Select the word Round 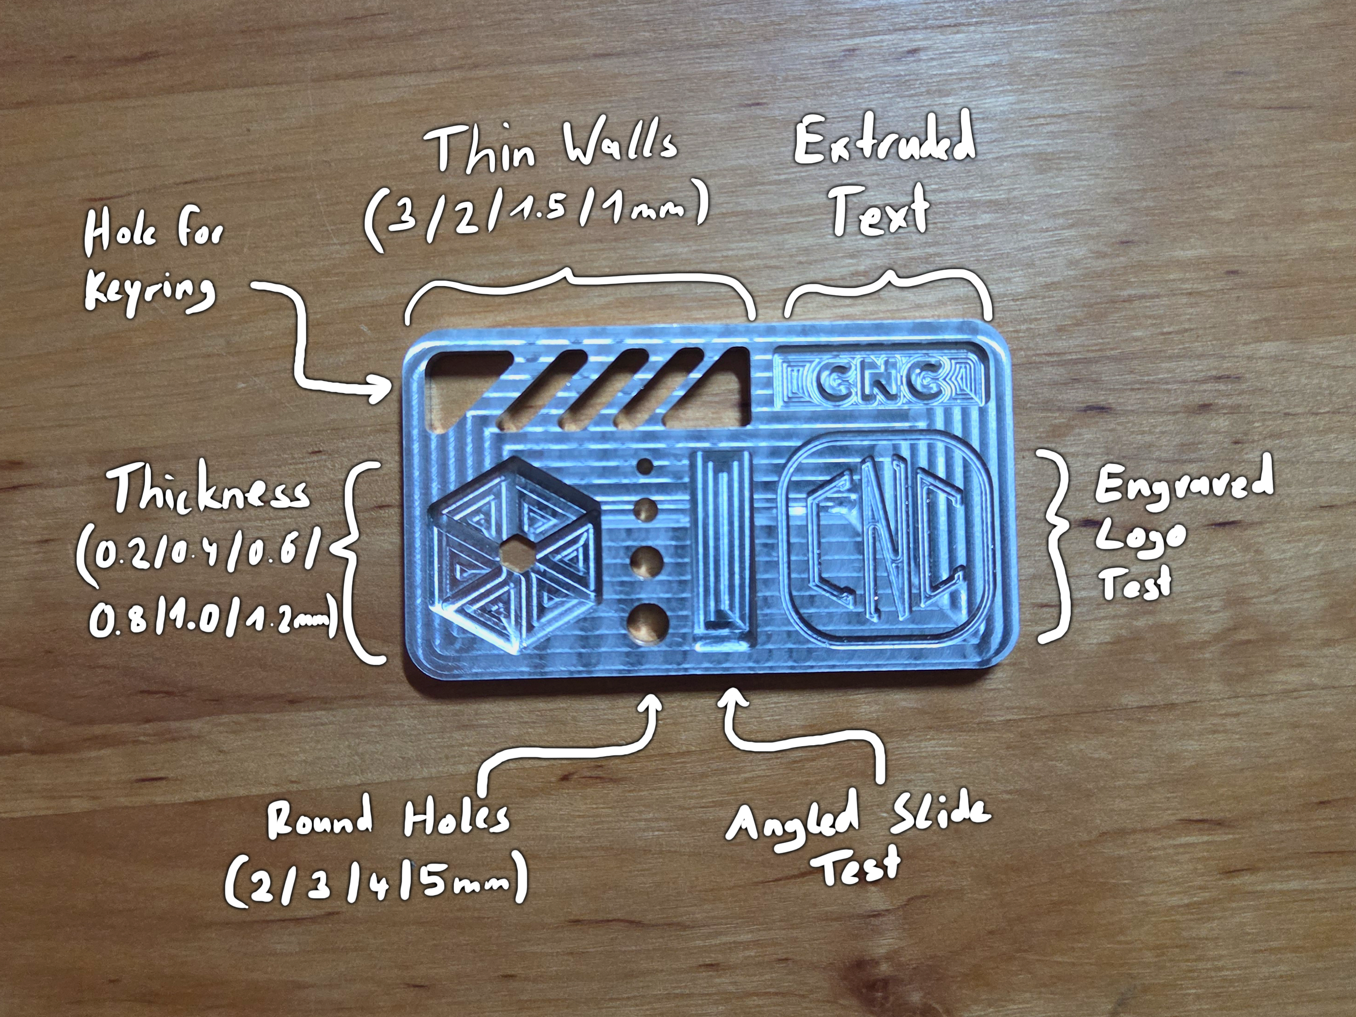[319, 818]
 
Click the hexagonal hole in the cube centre [518, 556]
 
